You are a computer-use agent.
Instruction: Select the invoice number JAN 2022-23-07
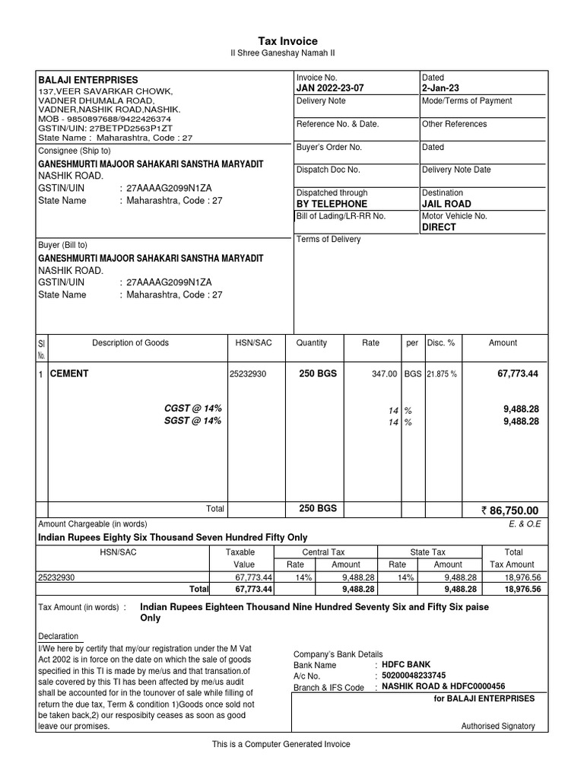coord(330,88)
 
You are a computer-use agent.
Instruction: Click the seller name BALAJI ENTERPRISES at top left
coord(88,80)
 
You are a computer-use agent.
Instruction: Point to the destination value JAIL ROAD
coord(446,204)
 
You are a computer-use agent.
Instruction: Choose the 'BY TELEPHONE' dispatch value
coord(332,204)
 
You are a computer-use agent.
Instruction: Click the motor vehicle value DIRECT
coord(439,227)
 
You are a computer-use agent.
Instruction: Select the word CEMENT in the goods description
coord(69,374)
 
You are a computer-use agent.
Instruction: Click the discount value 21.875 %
coord(442,374)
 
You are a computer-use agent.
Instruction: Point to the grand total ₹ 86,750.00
coord(509,510)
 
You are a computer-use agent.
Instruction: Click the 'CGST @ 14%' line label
coord(193,409)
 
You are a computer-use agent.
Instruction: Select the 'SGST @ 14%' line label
coord(193,421)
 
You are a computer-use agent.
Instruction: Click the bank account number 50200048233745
coord(414,676)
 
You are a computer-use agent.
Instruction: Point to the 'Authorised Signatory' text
coord(498,726)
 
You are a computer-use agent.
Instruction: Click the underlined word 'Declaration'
coord(58,636)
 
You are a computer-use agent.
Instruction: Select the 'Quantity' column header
coord(312,343)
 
